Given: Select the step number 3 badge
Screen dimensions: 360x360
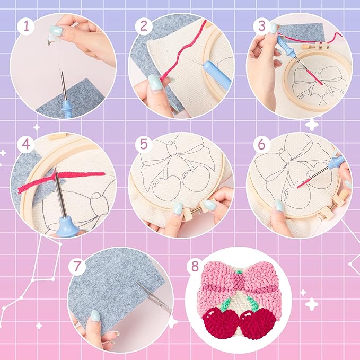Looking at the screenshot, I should click(259, 26).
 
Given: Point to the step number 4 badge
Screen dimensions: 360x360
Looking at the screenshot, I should click(23, 144).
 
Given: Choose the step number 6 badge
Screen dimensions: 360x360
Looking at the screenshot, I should click(260, 144).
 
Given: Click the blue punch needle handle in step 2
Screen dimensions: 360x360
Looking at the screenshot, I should click(217, 74).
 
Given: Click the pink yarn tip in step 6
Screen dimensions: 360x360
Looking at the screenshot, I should click(300, 186).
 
